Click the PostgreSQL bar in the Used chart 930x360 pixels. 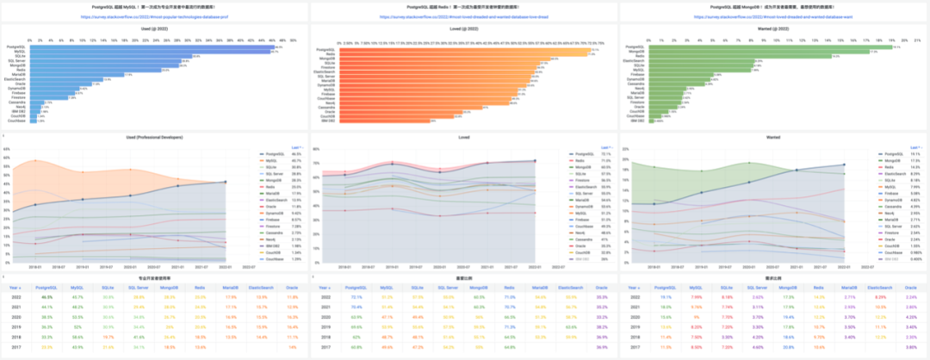155,47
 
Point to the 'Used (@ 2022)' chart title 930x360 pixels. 154,28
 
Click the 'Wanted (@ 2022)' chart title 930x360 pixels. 774,28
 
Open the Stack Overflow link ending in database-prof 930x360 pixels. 154,16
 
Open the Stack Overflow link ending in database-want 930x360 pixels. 774,16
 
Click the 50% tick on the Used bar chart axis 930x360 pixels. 293,40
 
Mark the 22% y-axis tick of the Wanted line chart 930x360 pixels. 624,148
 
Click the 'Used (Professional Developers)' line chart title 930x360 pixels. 154,136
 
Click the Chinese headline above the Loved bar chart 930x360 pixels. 464,7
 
